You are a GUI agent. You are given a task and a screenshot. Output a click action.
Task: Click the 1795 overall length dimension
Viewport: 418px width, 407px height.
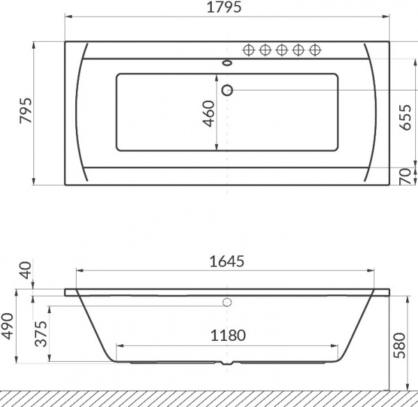point(227,8)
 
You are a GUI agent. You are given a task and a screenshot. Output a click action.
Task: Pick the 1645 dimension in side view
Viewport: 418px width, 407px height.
point(227,262)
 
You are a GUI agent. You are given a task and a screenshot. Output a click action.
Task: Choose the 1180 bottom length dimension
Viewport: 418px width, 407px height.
point(227,335)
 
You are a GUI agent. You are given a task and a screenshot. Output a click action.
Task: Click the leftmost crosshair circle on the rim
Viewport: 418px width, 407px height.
point(248,49)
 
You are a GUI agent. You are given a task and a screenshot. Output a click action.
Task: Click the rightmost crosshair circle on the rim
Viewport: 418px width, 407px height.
point(315,49)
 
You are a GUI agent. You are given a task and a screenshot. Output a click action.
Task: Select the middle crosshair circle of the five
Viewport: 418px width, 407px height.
point(281,49)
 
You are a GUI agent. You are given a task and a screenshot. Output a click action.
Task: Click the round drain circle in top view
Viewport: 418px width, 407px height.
point(227,90)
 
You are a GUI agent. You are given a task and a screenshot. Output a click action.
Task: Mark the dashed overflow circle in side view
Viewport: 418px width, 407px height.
point(227,303)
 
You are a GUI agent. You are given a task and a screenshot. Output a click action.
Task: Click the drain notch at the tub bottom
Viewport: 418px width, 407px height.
point(227,363)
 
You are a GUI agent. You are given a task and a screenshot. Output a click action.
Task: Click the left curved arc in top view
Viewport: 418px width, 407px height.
point(79,111)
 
